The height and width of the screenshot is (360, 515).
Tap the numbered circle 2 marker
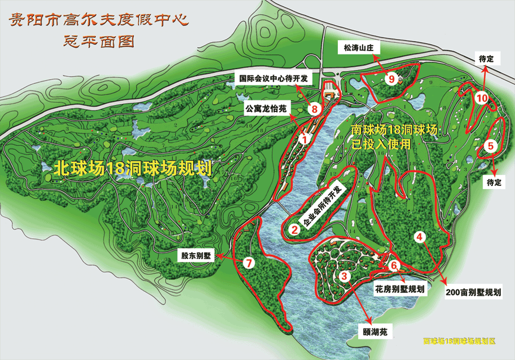[295, 229]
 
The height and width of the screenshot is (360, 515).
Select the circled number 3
[345, 277]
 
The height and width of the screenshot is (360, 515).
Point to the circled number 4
[420, 237]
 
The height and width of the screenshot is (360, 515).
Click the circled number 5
[491, 146]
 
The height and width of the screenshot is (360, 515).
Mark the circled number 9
[392, 79]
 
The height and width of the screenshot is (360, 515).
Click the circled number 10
[481, 98]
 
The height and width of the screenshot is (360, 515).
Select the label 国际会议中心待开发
[274, 79]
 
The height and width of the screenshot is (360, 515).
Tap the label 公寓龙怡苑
[268, 109]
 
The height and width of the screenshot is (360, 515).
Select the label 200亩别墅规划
[473, 292]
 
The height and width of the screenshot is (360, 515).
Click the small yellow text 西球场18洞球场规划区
[459, 341]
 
